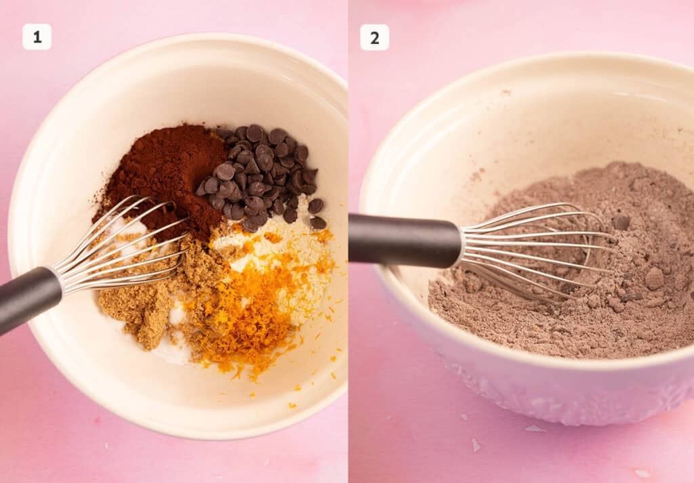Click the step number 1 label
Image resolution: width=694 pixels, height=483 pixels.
coord(37,37)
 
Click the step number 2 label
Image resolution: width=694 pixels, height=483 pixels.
coord(374,37)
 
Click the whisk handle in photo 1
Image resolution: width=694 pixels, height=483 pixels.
coord(27,298)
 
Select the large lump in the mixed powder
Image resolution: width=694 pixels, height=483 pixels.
coord(653,278)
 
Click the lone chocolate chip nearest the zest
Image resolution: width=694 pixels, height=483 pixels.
coord(317,222)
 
